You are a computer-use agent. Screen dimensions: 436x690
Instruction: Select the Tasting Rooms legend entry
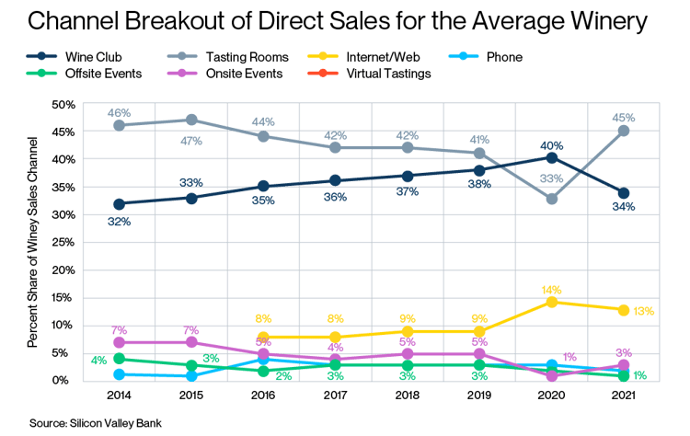click(229, 57)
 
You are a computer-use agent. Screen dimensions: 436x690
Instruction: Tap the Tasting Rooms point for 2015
click(191, 120)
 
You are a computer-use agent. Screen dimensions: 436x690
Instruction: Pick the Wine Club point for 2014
click(119, 203)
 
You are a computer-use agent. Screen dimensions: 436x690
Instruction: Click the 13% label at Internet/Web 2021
click(642, 311)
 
